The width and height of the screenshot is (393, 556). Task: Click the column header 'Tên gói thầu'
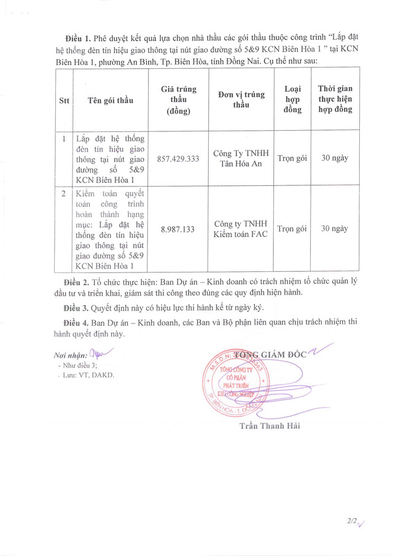[x=111, y=100]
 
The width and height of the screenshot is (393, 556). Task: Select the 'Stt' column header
[x=64, y=100]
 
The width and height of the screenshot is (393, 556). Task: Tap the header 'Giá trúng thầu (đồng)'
[x=179, y=100]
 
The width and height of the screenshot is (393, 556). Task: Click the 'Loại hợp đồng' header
[x=292, y=99]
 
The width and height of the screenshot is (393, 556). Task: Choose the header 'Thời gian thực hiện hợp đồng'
[x=335, y=99]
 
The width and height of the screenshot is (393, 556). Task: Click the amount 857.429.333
[x=179, y=158]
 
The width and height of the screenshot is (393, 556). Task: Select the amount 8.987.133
[x=178, y=229]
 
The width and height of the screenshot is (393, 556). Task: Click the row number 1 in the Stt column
[x=64, y=139]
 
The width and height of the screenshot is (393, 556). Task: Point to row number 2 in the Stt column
[x=64, y=193]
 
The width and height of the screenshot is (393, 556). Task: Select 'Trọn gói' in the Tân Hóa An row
[x=292, y=158]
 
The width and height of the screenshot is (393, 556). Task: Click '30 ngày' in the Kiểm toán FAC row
[x=335, y=229]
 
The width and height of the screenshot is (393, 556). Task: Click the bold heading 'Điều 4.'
[x=77, y=322]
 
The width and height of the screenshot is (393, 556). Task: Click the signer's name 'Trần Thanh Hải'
[x=270, y=426]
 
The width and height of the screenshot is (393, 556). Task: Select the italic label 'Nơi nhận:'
[x=70, y=355]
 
